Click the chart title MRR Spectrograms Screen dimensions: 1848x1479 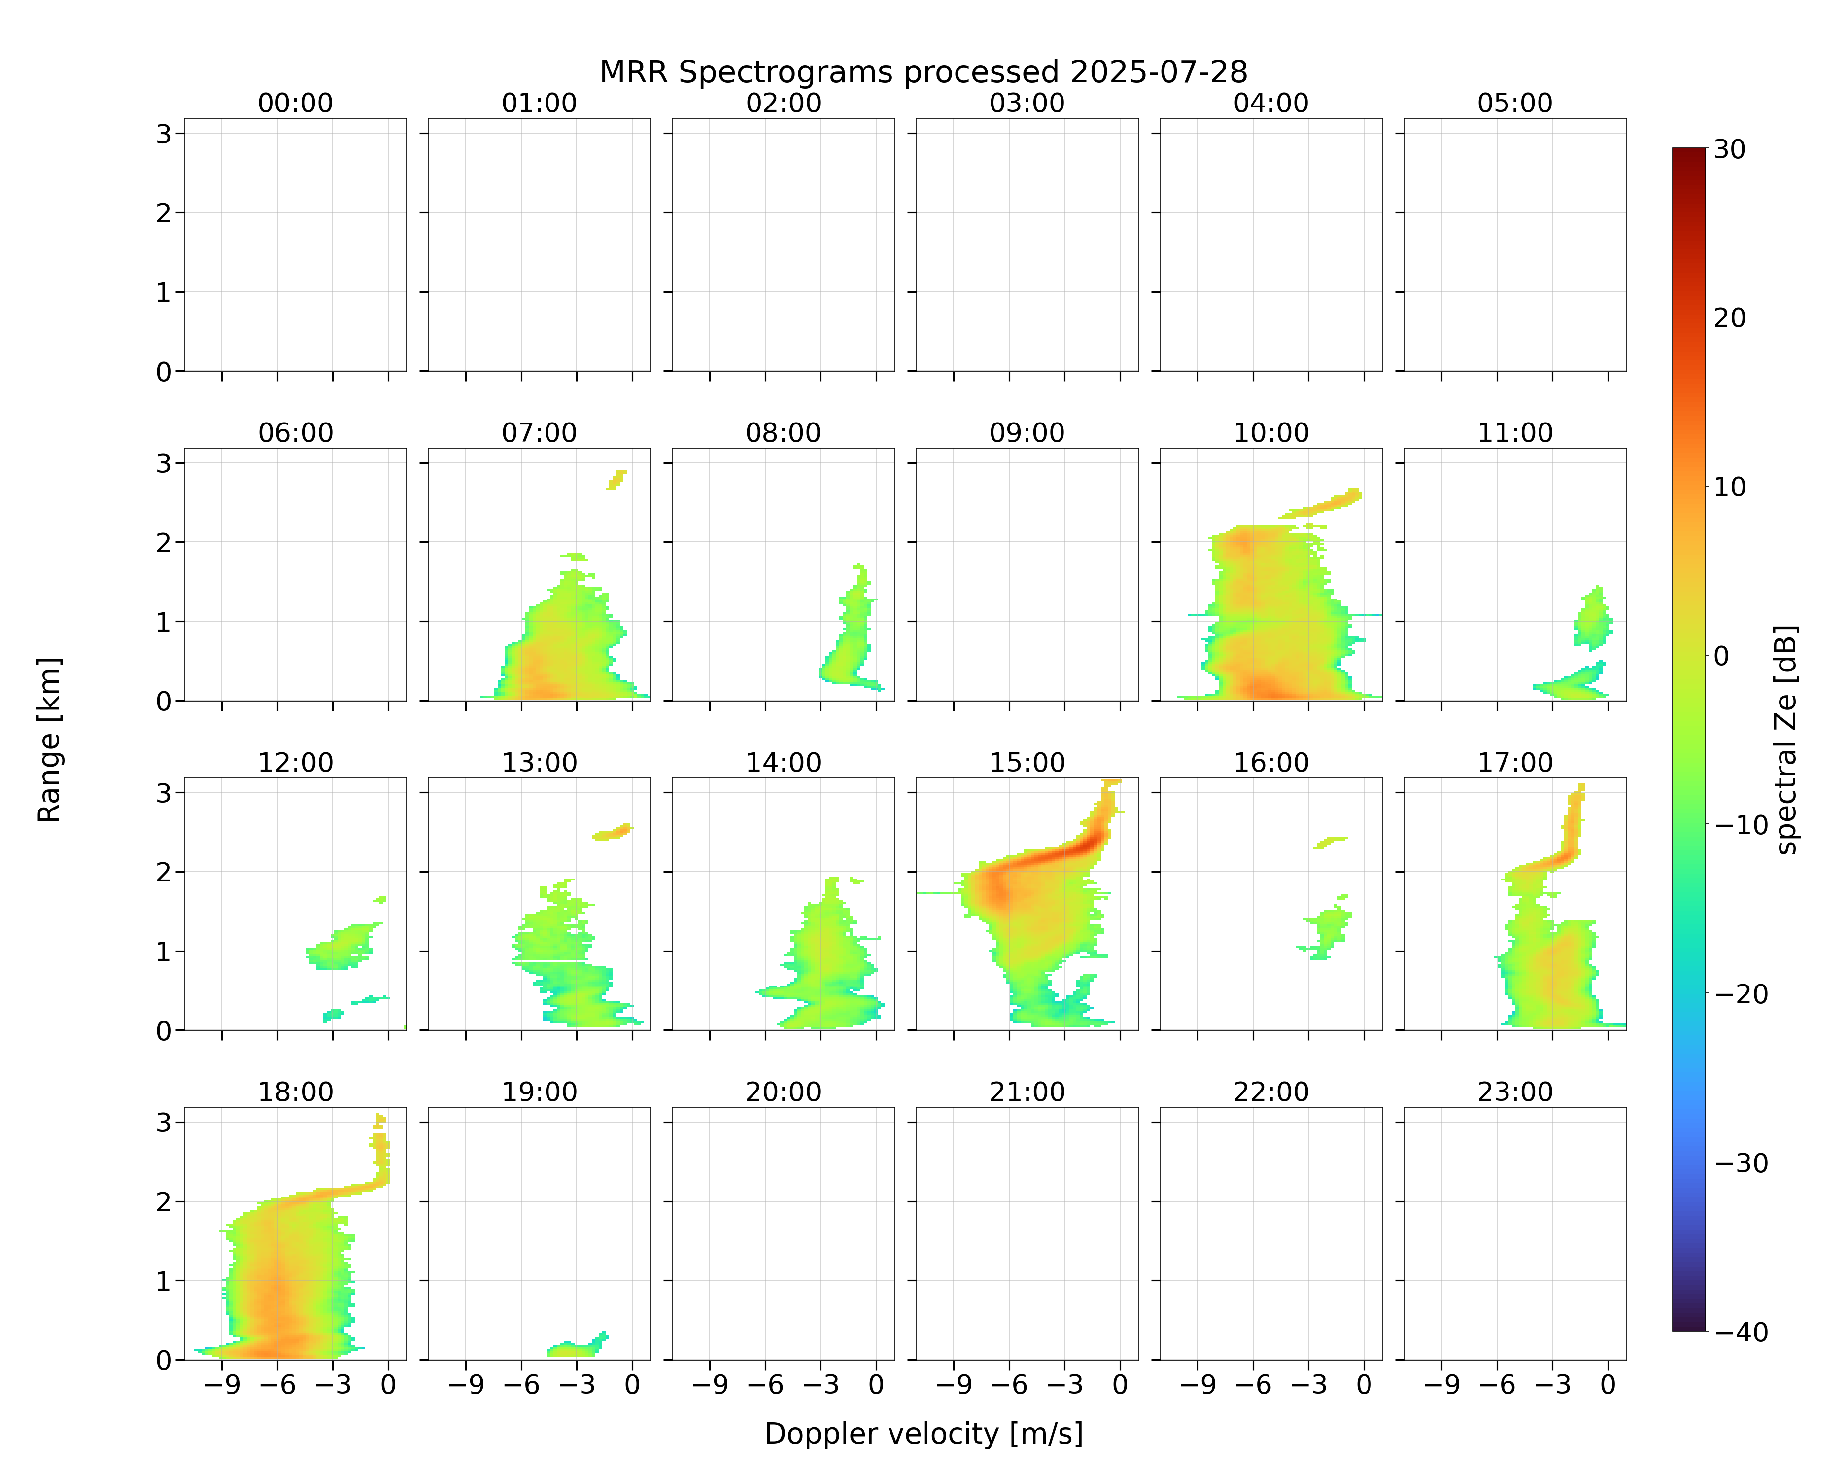coord(828,72)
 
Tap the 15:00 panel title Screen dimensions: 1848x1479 coord(1027,762)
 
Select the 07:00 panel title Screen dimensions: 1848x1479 coord(539,433)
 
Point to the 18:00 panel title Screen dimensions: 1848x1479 coord(296,1092)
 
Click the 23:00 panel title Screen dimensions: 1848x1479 coord(1514,1092)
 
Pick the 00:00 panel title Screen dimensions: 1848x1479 coord(296,103)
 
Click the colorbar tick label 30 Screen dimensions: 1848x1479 coord(1730,149)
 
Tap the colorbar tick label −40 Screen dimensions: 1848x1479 coord(1741,1332)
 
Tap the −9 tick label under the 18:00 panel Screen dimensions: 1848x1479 coord(221,1385)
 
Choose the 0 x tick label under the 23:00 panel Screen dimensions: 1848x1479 coord(1608,1385)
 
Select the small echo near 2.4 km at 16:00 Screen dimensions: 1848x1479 coord(1330,842)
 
